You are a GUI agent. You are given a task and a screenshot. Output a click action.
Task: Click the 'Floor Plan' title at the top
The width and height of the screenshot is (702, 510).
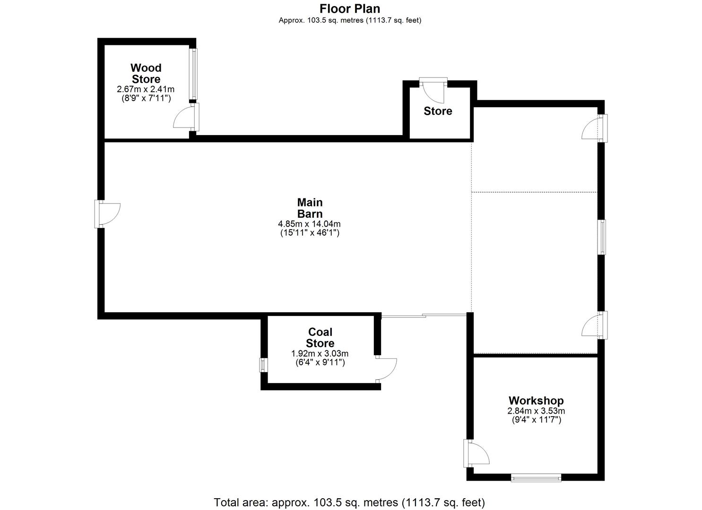(x=350, y=8)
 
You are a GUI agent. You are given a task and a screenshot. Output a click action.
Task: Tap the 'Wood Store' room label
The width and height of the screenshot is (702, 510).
(x=146, y=74)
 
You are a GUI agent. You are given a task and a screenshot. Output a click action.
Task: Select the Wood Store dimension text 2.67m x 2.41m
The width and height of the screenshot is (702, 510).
(x=146, y=89)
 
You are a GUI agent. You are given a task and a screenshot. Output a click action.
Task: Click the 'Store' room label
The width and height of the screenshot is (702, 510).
(x=438, y=111)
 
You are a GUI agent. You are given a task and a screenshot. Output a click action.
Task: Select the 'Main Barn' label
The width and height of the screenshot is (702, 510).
(x=310, y=208)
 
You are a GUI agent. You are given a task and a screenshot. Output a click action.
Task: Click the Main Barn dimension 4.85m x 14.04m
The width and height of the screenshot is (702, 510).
(x=310, y=224)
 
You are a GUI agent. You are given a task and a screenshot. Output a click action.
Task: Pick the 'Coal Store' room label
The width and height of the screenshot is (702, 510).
(x=320, y=338)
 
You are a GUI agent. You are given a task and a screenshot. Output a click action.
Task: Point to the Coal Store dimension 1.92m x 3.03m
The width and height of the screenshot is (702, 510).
(x=320, y=354)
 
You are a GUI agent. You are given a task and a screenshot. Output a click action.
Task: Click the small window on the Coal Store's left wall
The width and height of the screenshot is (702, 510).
(x=264, y=365)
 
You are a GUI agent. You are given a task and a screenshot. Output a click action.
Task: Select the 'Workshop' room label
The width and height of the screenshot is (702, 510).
(x=536, y=401)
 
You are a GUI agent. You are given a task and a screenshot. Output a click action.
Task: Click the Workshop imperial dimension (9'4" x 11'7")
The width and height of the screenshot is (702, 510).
(x=536, y=420)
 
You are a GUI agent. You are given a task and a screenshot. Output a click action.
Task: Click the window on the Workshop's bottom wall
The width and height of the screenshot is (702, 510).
(x=536, y=478)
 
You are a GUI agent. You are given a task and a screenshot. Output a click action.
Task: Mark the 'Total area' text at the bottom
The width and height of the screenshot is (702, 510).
(x=349, y=502)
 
